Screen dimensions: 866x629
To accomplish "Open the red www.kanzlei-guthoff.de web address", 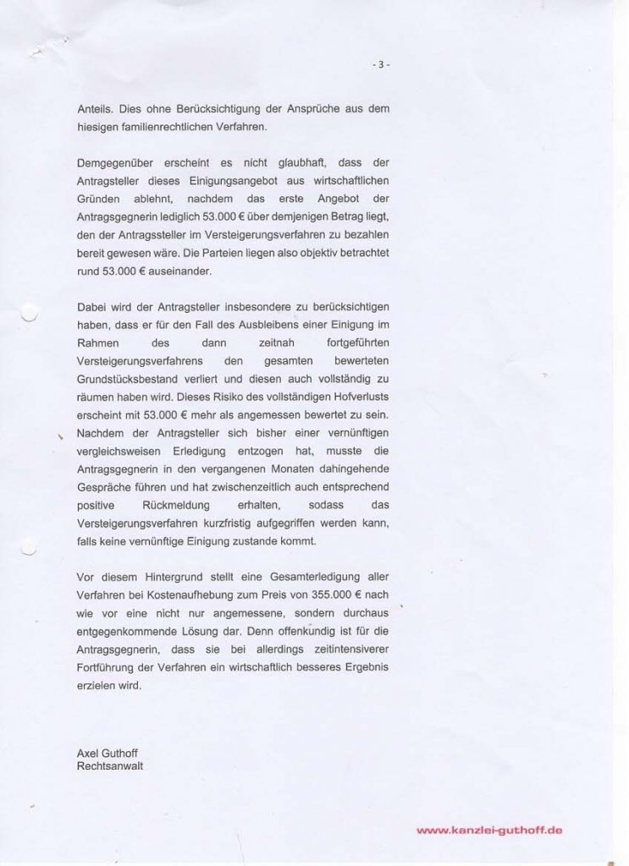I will coord(490,831).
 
